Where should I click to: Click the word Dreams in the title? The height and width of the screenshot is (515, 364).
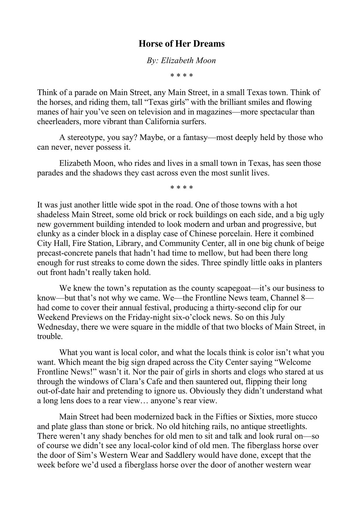tap(210, 44)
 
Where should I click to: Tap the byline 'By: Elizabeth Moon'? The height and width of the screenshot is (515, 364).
tap(181, 61)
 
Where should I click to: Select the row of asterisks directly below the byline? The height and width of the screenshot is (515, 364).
tap(182, 76)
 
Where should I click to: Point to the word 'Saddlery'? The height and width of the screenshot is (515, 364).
tap(180, 455)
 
